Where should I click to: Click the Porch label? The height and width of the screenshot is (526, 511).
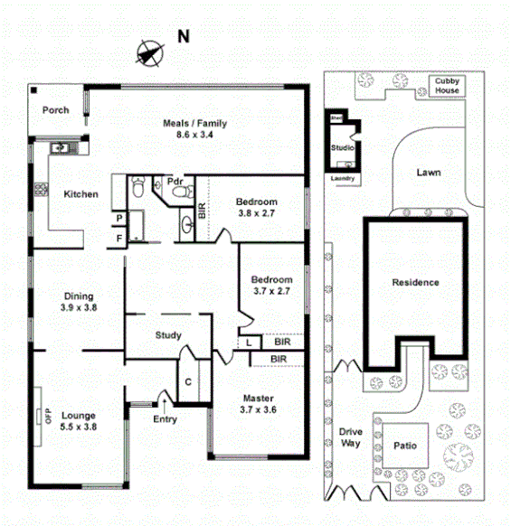[x=56, y=110]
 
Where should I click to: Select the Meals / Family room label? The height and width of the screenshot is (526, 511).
[x=194, y=127]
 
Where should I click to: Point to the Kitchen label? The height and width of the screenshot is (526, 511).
[x=80, y=194]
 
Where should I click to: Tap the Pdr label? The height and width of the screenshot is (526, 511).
[x=175, y=181]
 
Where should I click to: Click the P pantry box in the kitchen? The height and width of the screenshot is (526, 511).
[x=118, y=219]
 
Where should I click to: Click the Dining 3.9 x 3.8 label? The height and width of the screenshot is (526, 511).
[x=79, y=301]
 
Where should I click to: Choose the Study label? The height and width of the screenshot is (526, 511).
[x=168, y=335]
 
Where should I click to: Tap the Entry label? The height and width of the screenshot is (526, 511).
[x=165, y=418]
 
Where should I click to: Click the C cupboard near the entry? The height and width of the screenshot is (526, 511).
[x=188, y=381]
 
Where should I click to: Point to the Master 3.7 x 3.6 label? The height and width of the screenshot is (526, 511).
[x=259, y=403]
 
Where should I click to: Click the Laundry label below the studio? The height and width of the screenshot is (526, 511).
[x=343, y=178]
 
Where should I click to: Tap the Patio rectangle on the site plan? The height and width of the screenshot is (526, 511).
[x=404, y=445]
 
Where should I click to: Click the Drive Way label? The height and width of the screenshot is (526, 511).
[x=351, y=437]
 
